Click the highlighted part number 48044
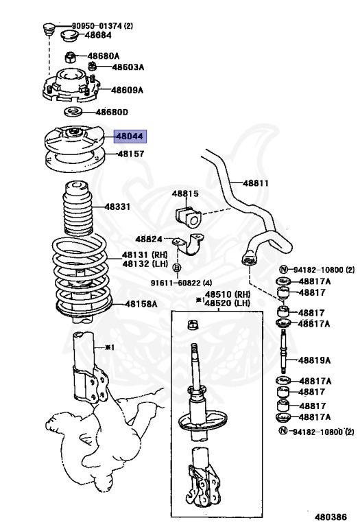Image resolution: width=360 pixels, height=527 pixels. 130,137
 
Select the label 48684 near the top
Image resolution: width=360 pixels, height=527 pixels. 98,35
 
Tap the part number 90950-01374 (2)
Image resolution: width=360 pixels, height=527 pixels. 102,25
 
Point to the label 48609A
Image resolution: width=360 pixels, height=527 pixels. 128,90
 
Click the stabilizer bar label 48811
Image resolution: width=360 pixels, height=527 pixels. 256,183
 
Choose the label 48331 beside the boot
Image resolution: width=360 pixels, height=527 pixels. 117,207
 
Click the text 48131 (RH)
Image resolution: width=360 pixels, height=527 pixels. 145,255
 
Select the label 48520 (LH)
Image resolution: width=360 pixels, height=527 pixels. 228,303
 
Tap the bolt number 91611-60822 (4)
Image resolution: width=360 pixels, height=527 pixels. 181,283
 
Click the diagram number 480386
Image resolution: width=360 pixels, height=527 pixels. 331,517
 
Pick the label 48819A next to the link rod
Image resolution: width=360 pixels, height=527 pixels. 314,360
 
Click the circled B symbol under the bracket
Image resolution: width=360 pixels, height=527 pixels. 177,268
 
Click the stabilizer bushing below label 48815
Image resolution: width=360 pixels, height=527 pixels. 189,215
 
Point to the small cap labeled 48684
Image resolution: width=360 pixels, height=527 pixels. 69,35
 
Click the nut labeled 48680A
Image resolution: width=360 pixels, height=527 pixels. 70,57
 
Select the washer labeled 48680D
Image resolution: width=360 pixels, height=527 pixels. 74,112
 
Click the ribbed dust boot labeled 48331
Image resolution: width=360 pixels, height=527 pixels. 79,209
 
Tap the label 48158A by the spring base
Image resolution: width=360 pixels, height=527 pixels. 141,304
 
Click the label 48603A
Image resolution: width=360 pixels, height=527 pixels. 128,67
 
